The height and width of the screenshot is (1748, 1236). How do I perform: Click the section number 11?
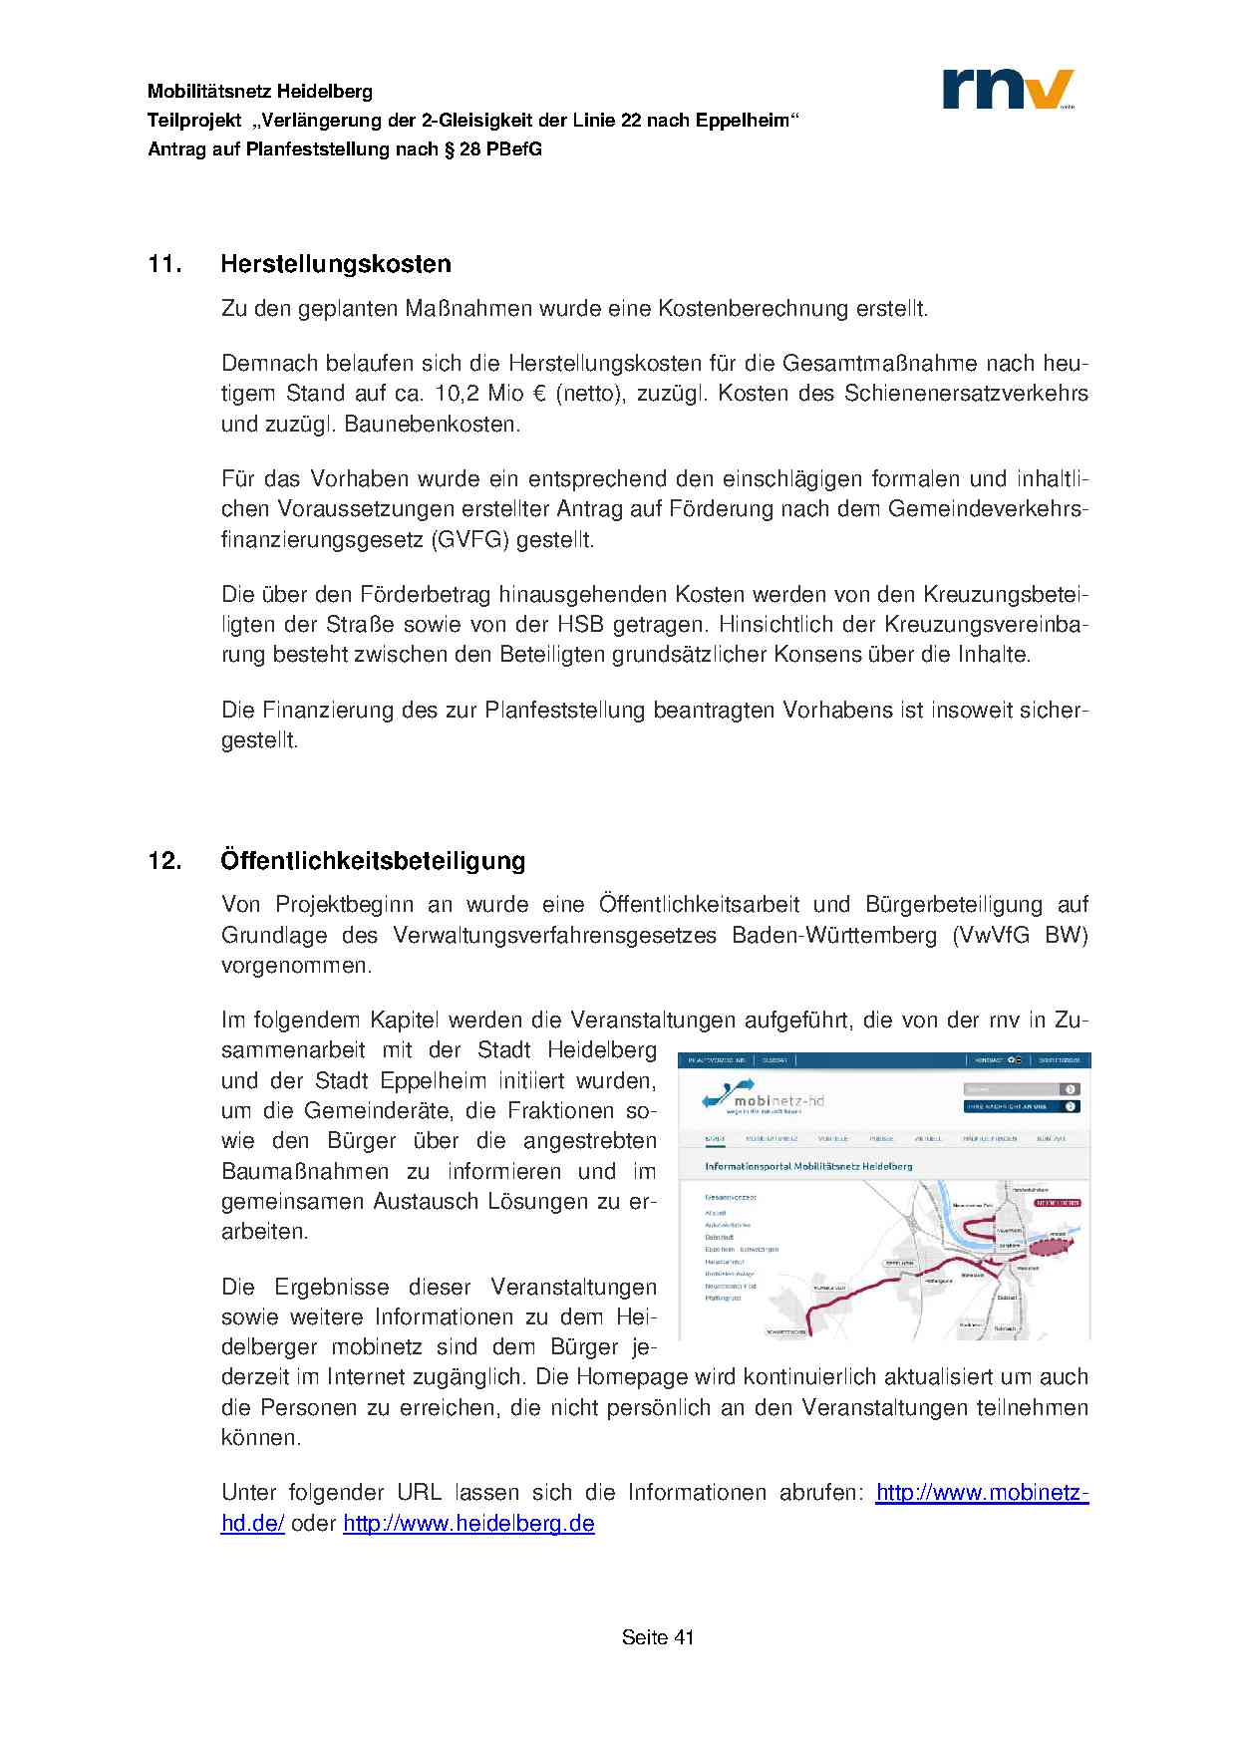(x=165, y=264)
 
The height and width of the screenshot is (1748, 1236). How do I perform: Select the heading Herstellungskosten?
(x=336, y=264)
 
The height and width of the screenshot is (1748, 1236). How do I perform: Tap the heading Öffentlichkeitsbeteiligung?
(x=373, y=860)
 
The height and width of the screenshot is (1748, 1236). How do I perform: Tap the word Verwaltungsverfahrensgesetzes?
(x=555, y=936)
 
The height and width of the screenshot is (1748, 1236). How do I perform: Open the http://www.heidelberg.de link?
(x=468, y=1524)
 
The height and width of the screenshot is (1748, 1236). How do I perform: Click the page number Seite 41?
(x=658, y=1637)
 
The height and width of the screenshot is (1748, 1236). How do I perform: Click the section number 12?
(x=165, y=860)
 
